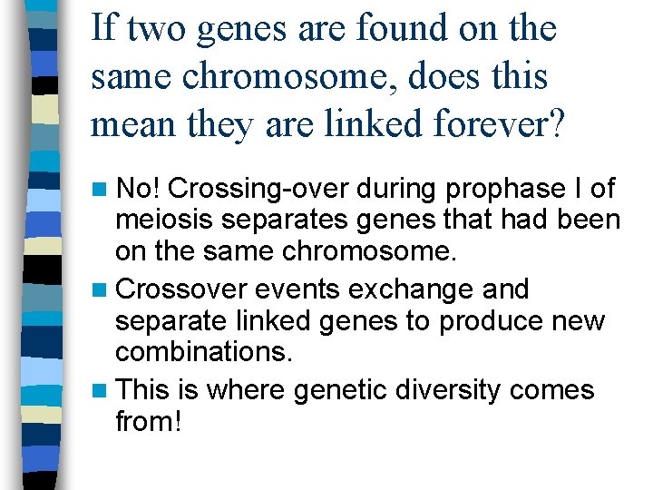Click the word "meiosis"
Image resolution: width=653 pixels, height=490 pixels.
[x=163, y=220]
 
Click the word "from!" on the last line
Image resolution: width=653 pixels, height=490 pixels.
[x=149, y=421]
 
